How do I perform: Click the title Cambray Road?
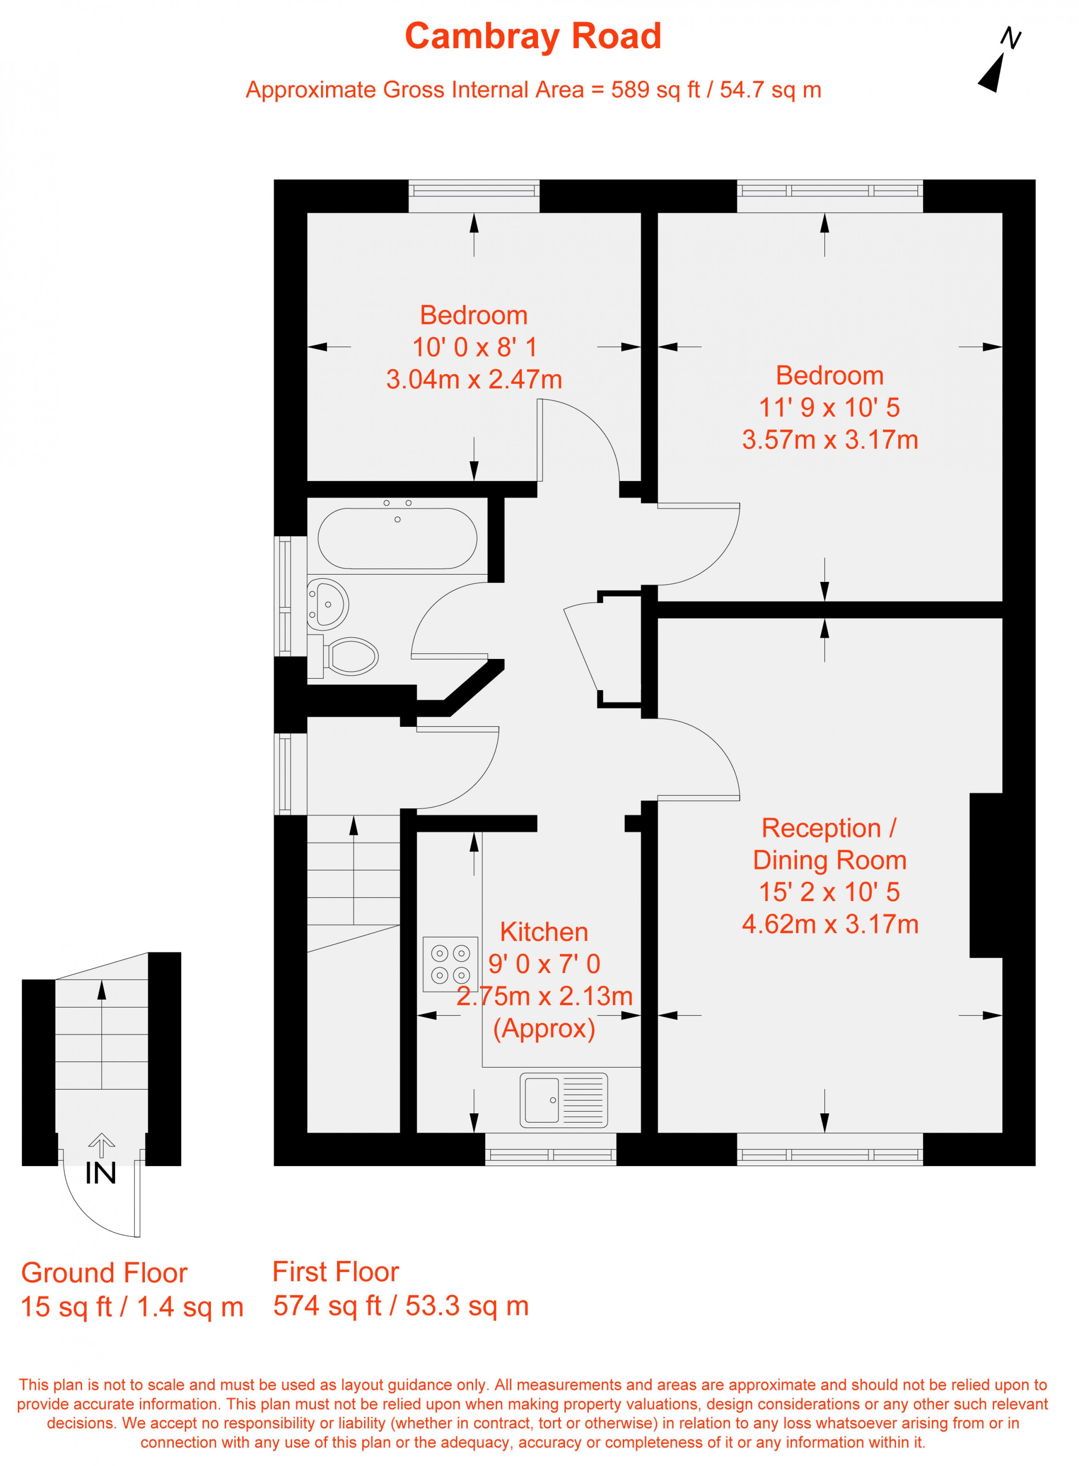[533, 37]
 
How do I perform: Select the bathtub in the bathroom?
[397, 538]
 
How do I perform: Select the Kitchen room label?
[544, 932]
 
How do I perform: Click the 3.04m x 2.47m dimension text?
[474, 379]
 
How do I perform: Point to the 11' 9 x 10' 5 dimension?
[830, 407]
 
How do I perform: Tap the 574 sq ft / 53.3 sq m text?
[401, 1306]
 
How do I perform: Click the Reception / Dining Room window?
[830, 1158]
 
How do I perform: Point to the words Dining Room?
[830, 860]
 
